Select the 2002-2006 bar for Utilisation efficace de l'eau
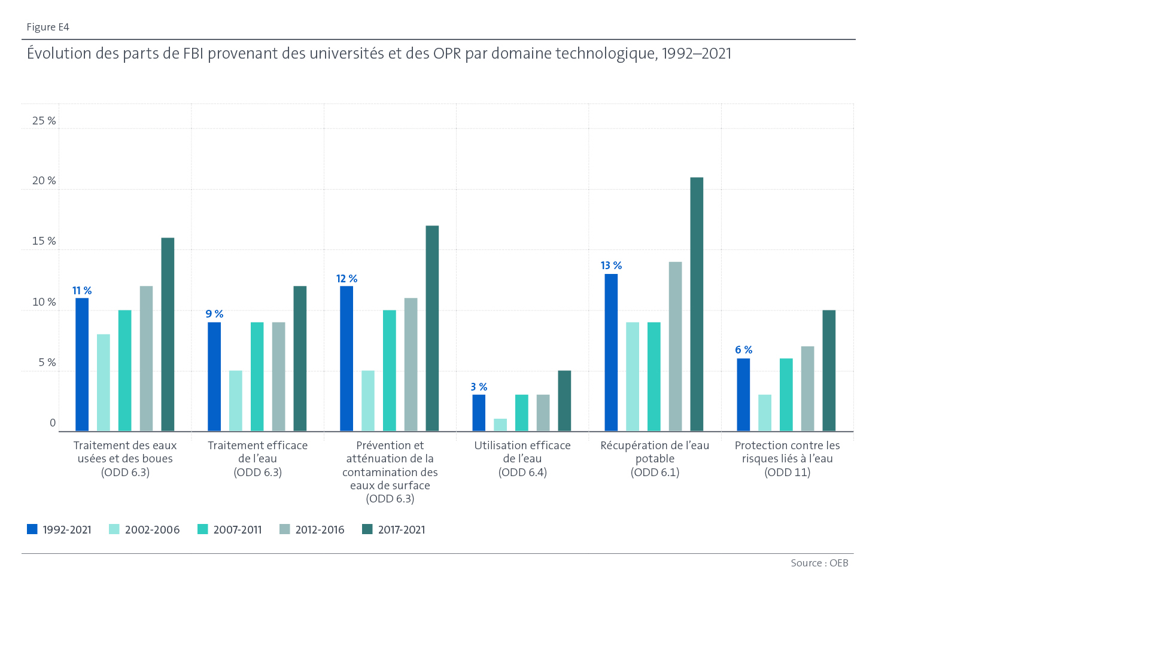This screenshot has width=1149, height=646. tap(500, 425)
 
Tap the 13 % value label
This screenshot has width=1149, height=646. tap(611, 266)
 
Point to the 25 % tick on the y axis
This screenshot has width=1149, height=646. tap(44, 121)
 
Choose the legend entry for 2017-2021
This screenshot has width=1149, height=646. tap(394, 530)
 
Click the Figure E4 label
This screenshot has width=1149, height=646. tap(48, 28)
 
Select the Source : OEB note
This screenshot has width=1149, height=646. tap(819, 563)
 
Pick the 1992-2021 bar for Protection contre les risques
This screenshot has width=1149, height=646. tap(743, 395)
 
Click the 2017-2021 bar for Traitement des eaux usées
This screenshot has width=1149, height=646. tap(168, 334)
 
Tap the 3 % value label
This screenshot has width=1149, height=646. tap(479, 387)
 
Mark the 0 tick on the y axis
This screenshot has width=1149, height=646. tap(53, 423)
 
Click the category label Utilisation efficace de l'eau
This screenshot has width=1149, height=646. tap(522, 459)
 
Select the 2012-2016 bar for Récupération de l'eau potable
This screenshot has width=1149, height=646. tap(675, 346)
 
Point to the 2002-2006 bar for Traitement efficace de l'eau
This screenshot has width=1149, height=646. tap(236, 401)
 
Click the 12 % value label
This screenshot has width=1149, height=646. tap(346, 279)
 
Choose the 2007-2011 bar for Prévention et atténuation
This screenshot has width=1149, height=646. tap(390, 370)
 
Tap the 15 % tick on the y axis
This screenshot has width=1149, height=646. tap(44, 241)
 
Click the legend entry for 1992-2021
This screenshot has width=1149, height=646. tap(59, 530)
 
